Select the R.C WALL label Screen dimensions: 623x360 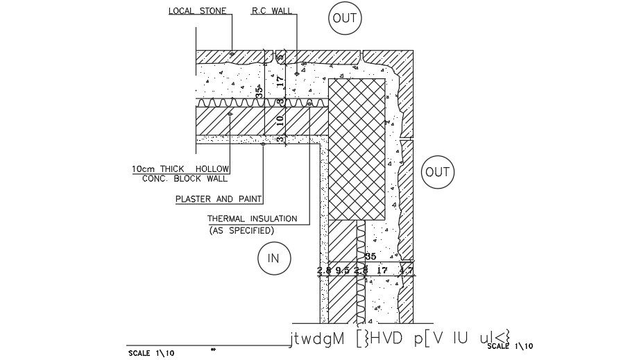tap(271, 12)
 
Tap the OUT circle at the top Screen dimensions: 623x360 tap(344, 18)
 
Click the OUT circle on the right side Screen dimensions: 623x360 tap(437, 171)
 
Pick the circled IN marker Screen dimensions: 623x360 tap(273, 259)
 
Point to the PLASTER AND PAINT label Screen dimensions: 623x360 tap(218, 199)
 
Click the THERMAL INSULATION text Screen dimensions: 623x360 tap(253, 218)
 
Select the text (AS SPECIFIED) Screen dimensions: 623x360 tap(241, 230)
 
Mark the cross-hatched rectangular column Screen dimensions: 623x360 tap(357, 148)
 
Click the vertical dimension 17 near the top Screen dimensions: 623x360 tap(281, 81)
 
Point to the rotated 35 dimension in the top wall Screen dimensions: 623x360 tap(259, 92)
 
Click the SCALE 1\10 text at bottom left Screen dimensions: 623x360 tap(151, 352)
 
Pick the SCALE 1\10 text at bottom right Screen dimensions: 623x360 tap(510, 346)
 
